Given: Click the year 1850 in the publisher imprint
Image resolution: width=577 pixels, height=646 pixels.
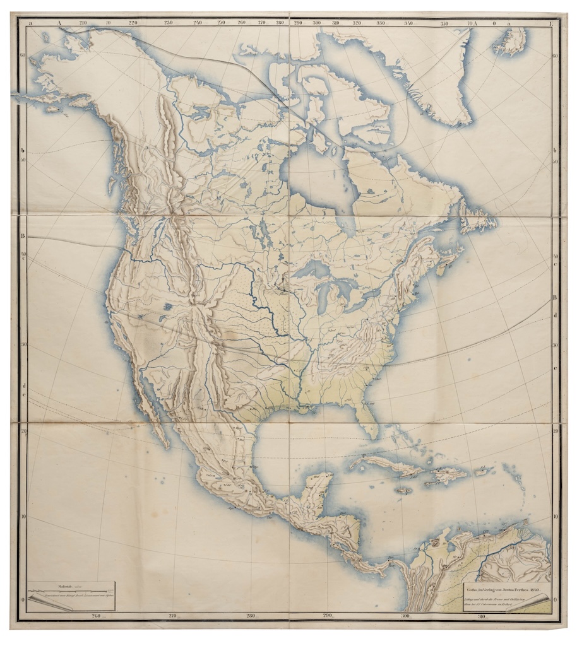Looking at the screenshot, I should click(x=535, y=590).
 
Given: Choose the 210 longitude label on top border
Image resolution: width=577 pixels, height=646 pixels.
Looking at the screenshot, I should click(x=83, y=23).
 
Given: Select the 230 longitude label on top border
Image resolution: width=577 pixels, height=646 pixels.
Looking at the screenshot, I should click(x=168, y=23).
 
